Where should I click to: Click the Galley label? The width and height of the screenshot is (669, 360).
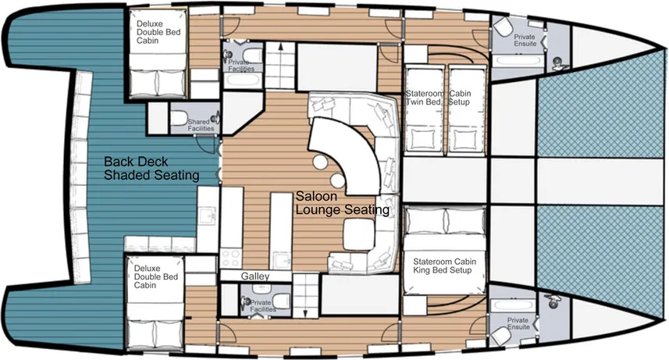click(255, 276)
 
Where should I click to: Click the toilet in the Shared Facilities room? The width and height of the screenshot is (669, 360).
click(180, 119)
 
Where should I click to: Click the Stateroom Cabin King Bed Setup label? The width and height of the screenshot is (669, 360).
click(445, 266)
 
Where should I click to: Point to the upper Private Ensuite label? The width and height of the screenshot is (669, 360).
click(525, 41)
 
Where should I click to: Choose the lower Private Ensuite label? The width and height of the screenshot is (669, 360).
click(518, 323)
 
